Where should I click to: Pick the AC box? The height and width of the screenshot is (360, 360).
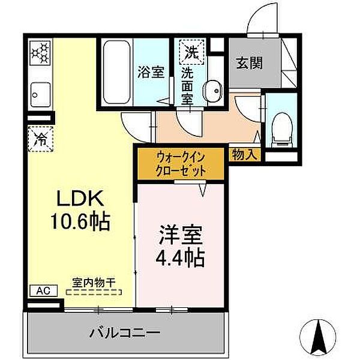43,291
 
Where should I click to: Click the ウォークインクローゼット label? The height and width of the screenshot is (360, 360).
181,163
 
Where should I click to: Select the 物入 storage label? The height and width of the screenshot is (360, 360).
244,154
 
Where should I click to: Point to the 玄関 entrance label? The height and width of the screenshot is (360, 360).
248,62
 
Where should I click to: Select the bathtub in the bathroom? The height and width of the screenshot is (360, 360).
116,72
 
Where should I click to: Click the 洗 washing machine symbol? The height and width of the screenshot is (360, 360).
191,51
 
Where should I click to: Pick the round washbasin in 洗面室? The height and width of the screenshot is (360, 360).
211,91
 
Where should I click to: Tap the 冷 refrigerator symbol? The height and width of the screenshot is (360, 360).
40,139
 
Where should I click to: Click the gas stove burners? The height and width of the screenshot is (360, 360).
40,55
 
